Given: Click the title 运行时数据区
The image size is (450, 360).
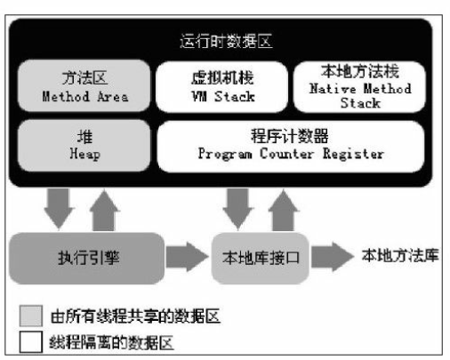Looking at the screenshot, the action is click(226, 41).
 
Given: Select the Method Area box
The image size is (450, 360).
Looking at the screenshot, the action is click(84, 86).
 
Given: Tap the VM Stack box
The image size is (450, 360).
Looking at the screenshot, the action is click(222, 87).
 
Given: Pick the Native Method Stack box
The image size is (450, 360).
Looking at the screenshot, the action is click(359, 87).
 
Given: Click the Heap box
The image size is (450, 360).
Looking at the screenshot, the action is click(84, 146).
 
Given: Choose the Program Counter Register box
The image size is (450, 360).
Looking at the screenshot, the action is click(291, 146).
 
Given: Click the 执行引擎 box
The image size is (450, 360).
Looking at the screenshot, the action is click(87, 258).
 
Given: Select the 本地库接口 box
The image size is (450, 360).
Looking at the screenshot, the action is click(261, 258).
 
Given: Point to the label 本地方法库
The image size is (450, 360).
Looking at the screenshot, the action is click(400, 255).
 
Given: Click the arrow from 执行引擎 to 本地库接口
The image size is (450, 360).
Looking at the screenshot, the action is click(187, 257).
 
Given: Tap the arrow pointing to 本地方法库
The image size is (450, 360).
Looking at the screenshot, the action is click(333, 257).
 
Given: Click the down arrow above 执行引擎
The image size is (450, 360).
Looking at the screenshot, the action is click(59, 209).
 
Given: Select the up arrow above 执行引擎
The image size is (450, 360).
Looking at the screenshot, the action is click(104, 211).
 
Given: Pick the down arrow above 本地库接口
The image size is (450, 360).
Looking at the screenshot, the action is click(238, 209).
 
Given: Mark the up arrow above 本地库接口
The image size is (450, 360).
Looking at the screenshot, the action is click(284, 211).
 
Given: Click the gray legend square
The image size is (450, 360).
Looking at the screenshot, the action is click(31, 316).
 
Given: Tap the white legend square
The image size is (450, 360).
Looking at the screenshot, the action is click(31, 342).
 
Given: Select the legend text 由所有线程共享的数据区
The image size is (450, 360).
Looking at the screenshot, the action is click(135, 316).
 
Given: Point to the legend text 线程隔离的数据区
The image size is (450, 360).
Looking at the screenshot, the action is click(111, 342).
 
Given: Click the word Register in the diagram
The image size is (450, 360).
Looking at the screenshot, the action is click(353, 154).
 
